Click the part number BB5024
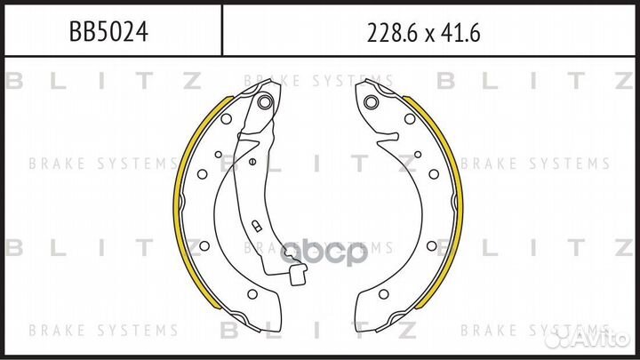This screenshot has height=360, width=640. [x=108, y=32]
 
